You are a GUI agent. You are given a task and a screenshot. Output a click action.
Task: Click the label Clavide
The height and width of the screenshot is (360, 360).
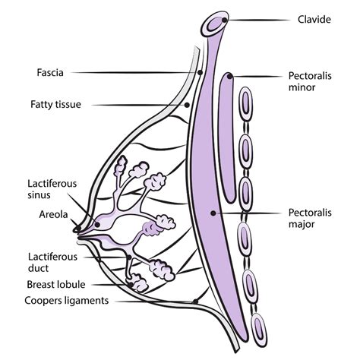pos(314,20)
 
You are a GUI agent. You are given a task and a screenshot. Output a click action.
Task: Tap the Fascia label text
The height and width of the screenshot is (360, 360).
pos(50,73)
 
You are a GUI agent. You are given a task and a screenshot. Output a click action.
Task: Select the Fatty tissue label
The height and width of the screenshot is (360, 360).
pos(55,104)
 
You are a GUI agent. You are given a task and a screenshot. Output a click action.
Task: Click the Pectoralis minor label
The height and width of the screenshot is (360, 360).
pos(310,81)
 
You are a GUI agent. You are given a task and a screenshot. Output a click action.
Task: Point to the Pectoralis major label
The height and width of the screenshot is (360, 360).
pos(310,218)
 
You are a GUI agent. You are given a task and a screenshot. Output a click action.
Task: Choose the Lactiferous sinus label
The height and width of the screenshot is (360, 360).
pos(52,189)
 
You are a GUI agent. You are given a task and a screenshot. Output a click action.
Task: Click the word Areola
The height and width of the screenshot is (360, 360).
pos(53,215)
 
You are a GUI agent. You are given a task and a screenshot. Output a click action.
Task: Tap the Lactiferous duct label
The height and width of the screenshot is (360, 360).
pos(52,263)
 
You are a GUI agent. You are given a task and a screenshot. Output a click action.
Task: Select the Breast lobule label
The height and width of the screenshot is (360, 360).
pos(56,285)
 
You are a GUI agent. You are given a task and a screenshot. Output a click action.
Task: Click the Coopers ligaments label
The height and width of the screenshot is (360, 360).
pos(67,301)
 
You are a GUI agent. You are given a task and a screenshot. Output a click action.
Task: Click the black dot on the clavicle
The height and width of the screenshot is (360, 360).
pos(225,20)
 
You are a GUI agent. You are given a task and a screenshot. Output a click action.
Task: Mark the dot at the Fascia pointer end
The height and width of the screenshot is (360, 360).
pos(200,73)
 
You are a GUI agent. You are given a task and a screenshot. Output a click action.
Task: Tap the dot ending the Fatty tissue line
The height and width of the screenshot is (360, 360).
pos(187,105)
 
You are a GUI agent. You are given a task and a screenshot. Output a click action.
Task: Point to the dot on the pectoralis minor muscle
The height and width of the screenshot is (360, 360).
pos(229,76)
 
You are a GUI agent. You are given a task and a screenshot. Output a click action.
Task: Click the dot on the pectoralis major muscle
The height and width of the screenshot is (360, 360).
pos(213,213)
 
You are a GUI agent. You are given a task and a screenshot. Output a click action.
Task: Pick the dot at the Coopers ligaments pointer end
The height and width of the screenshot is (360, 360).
pos(195,302)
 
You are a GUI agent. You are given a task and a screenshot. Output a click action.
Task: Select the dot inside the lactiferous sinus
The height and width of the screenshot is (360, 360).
pos(97,224)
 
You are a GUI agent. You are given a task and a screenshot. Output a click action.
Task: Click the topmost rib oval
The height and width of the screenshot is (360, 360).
pos(245,104)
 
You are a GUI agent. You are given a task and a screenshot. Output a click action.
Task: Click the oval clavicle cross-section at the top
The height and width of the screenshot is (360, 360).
pos(215,24)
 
